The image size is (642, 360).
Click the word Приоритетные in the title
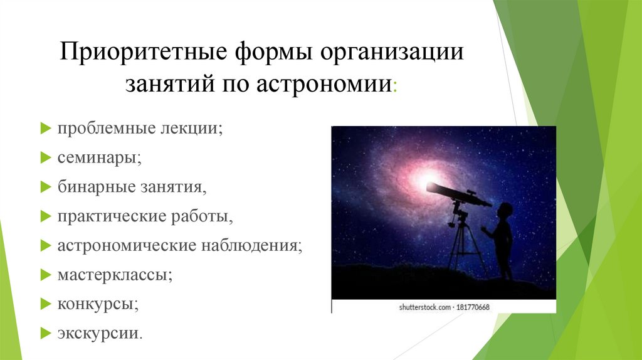[x=144, y=52]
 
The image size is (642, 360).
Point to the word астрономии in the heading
[x=324, y=85]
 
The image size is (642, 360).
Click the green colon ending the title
[x=395, y=87]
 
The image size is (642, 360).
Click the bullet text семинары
[x=99, y=157]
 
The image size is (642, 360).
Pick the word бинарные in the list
[x=96, y=187]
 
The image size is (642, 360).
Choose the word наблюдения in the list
[x=251, y=245]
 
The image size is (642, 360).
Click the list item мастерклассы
[x=115, y=275]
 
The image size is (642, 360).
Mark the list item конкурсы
[x=98, y=304]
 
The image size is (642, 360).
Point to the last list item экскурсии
[x=100, y=333]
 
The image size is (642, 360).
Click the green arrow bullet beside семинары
[x=45, y=157]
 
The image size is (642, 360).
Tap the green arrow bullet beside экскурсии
[x=45, y=333]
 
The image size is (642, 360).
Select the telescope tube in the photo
[x=458, y=194]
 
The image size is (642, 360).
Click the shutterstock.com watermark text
[x=424, y=307]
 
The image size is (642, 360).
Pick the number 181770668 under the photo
[x=473, y=307]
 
